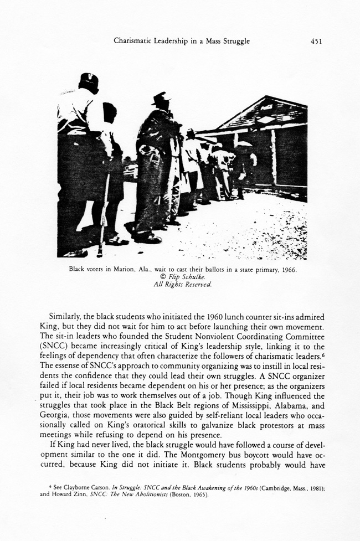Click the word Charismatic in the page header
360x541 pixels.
[135, 41]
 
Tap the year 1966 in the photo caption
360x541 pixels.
[289, 270]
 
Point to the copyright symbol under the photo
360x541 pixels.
[158, 277]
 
